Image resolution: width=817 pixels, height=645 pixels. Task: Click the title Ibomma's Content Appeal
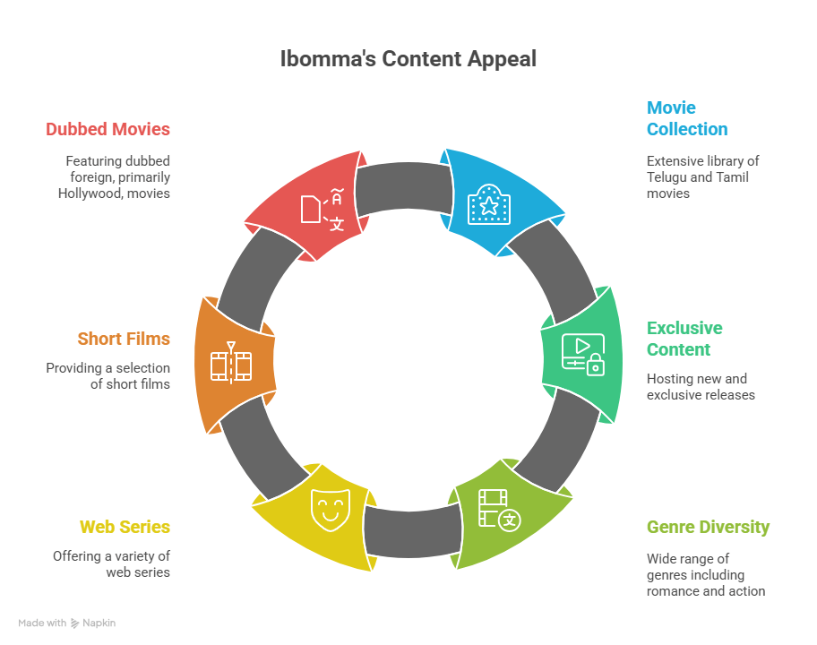pyautogui.click(x=408, y=59)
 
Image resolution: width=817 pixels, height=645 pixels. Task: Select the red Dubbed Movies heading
pyautogui.click(x=107, y=129)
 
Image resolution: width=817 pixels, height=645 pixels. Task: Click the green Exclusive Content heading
pyautogui.click(x=684, y=339)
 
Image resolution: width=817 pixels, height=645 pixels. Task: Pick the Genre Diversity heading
pyautogui.click(x=708, y=527)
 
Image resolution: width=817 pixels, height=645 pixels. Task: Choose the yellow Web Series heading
pyautogui.click(x=125, y=527)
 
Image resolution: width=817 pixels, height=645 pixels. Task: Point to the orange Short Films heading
pyautogui.click(x=124, y=339)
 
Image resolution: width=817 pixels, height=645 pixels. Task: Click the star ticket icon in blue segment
pyautogui.click(x=488, y=204)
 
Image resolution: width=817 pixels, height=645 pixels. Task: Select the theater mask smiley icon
pyautogui.click(x=328, y=508)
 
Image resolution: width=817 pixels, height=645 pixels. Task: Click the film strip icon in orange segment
pyautogui.click(x=230, y=364)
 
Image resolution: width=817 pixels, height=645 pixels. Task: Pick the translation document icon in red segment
pyautogui.click(x=322, y=208)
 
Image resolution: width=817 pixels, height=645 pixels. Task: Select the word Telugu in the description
pyautogui.click(x=667, y=177)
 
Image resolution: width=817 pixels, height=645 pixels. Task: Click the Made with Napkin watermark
pyautogui.click(x=67, y=623)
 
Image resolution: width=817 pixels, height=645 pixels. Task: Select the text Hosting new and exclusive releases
pyautogui.click(x=701, y=387)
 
